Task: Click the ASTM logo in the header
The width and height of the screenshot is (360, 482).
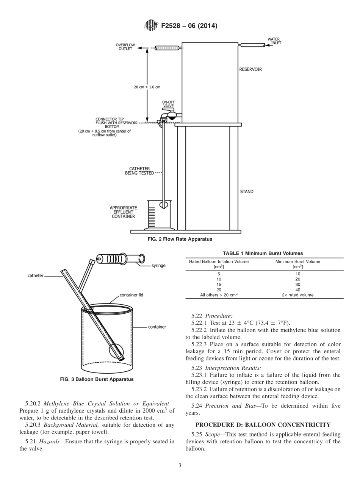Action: tap(151, 26)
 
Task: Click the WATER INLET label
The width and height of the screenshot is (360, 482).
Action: tap(274, 41)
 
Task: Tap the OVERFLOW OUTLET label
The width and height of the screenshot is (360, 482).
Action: tap(125, 47)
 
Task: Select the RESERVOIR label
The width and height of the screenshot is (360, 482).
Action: tap(250, 69)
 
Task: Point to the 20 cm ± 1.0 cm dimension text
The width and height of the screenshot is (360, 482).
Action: tap(147, 87)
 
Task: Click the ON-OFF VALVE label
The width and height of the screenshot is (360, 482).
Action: tap(168, 104)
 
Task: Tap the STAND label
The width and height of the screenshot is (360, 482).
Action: tap(247, 191)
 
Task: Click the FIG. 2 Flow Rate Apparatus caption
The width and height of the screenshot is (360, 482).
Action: tap(180, 239)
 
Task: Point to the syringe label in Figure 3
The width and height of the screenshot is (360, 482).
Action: tap(158, 266)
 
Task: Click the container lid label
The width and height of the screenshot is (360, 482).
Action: tap(131, 295)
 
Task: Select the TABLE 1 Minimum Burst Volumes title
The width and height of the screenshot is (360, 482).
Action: tap(264, 253)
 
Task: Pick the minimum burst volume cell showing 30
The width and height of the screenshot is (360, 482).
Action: tap(297, 284)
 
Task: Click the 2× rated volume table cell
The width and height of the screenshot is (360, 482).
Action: tap(297, 295)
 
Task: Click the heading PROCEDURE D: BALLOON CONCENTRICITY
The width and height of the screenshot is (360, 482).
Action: tap(263, 424)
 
